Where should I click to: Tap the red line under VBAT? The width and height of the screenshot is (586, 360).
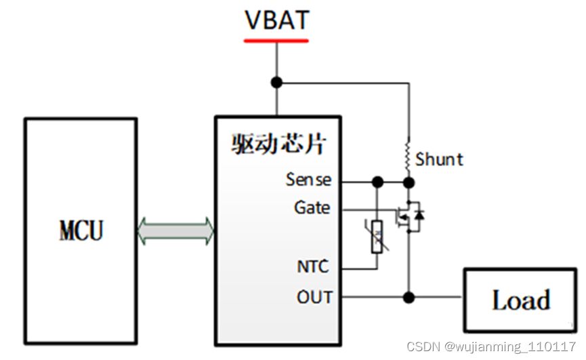[276, 41]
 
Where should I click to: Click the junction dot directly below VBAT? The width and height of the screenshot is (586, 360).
[276, 83]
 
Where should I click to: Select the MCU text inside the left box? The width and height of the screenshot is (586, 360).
[81, 231]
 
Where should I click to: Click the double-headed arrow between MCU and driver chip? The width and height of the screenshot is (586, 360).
[175, 231]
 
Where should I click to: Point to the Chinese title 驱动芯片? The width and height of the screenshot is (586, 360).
[279, 144]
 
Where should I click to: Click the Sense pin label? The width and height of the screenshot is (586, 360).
[308, 180]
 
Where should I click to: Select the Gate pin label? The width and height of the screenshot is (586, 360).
[312, 207]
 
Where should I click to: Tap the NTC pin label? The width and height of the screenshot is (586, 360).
[313, 266]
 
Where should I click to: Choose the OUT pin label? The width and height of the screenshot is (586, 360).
[314, 297]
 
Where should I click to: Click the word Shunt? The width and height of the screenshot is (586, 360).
[440, 160]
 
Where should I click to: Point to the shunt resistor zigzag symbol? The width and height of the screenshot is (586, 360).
[409, 156]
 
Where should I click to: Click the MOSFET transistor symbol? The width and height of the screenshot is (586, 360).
[409, 216]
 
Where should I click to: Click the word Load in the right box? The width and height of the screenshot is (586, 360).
[520, 300]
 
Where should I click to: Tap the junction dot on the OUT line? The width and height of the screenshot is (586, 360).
[409, 297]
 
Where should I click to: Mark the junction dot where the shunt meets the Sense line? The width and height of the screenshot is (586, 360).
[409, 182]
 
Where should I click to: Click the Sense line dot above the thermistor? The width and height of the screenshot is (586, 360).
[377, 182]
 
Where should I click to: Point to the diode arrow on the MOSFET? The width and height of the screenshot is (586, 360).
[420, 216]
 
